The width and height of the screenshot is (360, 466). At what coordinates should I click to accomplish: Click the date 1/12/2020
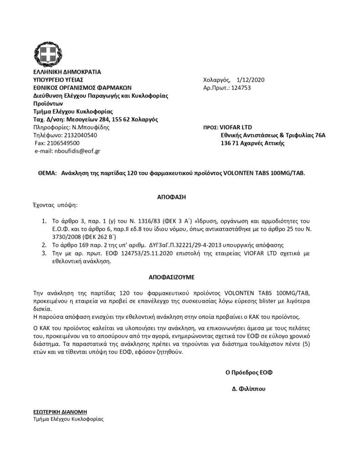(x=250, y=80)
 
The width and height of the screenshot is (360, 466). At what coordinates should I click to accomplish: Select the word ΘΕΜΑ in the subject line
(x=45, y=173)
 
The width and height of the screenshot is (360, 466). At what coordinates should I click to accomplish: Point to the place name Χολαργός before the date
(x=217, y=80)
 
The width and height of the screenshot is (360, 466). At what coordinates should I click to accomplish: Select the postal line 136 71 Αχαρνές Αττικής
(x=252, y=143)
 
